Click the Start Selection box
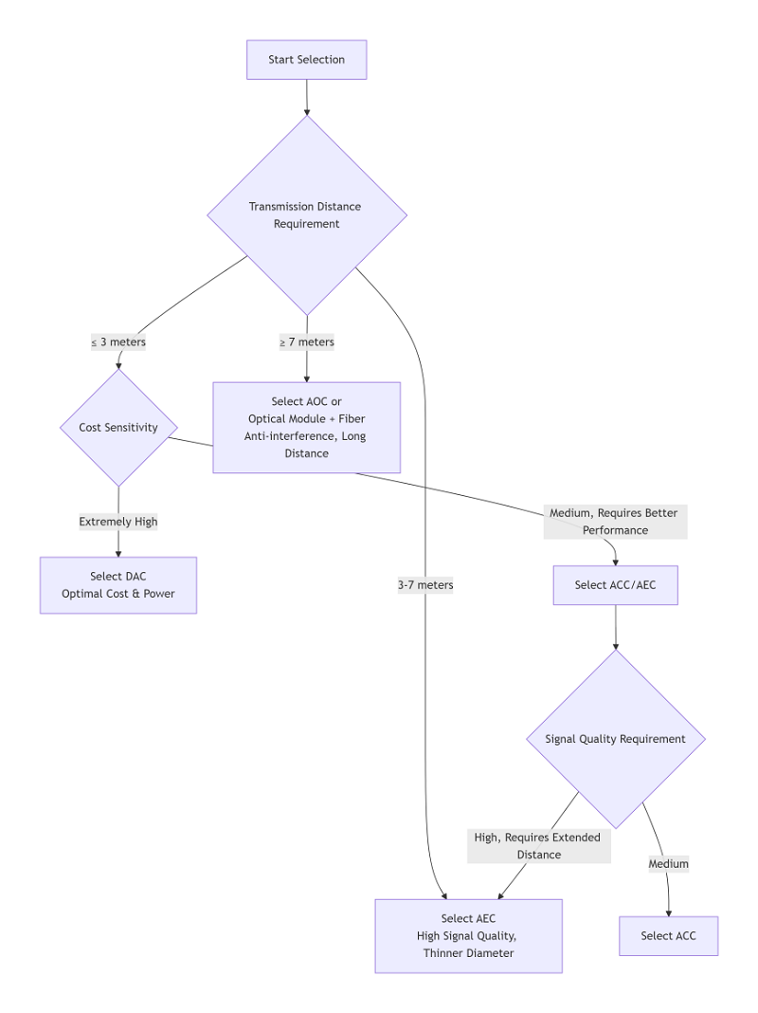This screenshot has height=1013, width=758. pos(306,60)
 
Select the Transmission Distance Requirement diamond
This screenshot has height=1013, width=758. pos(306,215)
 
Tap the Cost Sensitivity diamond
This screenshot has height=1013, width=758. pos(118,428)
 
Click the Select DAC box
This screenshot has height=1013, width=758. pos(118,585)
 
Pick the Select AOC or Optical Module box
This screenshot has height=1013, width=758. pos(306,428)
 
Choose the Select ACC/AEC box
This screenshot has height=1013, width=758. pos(615,585)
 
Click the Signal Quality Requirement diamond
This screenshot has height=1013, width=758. pos(615,739)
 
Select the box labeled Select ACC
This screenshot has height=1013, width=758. pos(668,936)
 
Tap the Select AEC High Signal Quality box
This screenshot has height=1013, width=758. pos(468,936)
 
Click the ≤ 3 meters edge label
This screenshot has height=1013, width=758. pos(118,342)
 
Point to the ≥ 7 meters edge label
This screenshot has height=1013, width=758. pos(306,342)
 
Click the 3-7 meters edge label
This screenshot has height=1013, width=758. pos(425,585)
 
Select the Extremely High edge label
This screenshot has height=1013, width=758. pos(118,522)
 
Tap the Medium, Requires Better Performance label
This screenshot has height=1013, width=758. pos(615,522)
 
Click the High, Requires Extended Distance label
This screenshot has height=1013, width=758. pos(538,846)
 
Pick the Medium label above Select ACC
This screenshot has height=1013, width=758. pos(668,864)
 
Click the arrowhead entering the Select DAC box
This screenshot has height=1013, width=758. pos(118,552)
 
